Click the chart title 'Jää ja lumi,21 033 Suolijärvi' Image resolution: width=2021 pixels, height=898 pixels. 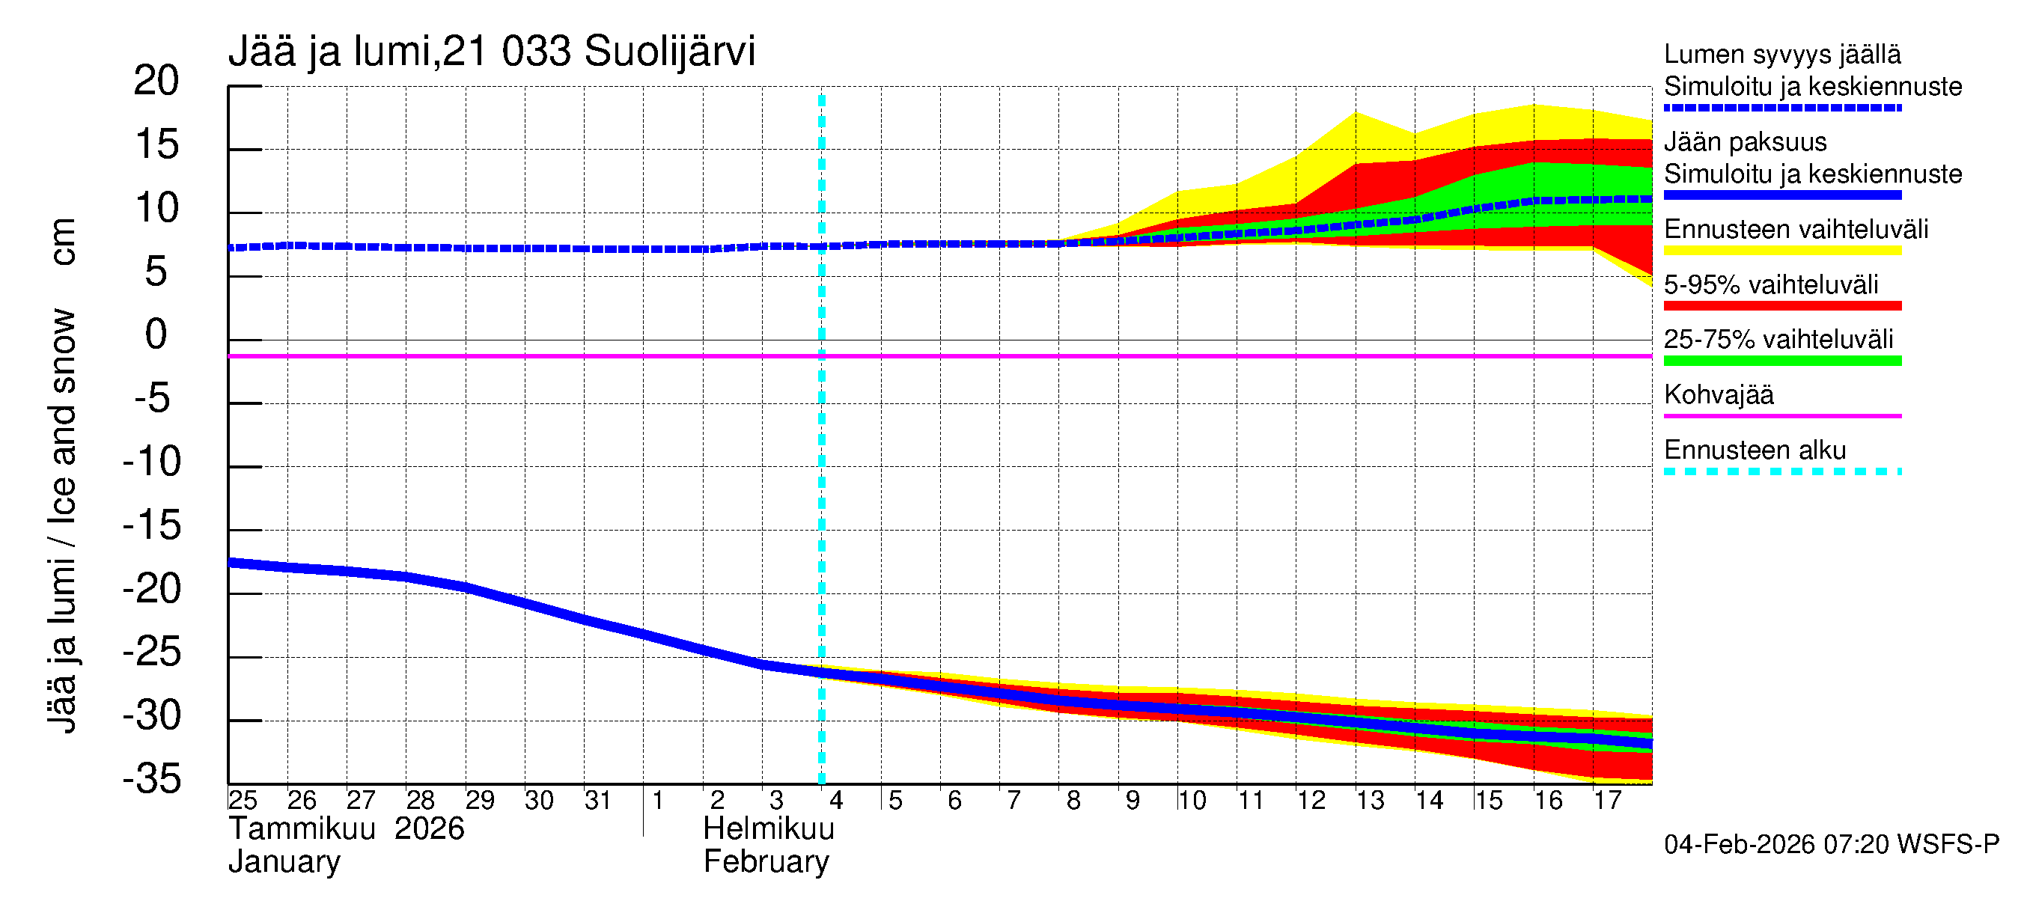coord(491,52)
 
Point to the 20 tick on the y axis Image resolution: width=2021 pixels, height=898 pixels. coord(156,81)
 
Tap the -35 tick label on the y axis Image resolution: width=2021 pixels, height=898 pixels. coord(151,780)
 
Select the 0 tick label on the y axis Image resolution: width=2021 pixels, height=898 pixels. coord(156,335)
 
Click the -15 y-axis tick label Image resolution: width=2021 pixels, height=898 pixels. coord(151,525)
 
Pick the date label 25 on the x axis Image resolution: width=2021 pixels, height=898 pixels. coord(243,801)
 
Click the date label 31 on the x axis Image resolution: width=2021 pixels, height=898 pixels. coord(598,801)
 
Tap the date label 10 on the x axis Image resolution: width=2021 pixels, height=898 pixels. coord(1191,801)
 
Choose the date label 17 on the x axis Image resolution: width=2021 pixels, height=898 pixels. coord(1607,801)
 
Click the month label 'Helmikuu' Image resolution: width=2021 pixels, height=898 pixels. coord(768,829)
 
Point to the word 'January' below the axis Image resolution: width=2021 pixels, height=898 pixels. coord(284,862)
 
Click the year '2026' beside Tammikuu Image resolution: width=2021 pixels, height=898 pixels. coord(429,829)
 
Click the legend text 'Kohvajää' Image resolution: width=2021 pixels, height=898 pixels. coord(1718,394)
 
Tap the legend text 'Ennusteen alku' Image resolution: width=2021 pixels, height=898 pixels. coord(1755,450)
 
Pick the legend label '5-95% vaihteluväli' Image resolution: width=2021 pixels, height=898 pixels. coord(1771,284)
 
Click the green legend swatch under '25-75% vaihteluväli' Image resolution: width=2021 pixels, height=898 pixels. coord(1781,361)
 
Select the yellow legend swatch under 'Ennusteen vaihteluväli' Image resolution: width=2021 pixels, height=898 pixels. coord(1781,251)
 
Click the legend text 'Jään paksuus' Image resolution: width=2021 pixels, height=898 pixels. coord(1745,142)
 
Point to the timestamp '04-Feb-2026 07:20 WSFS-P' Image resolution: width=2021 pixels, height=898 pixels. coord(1831,845)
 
